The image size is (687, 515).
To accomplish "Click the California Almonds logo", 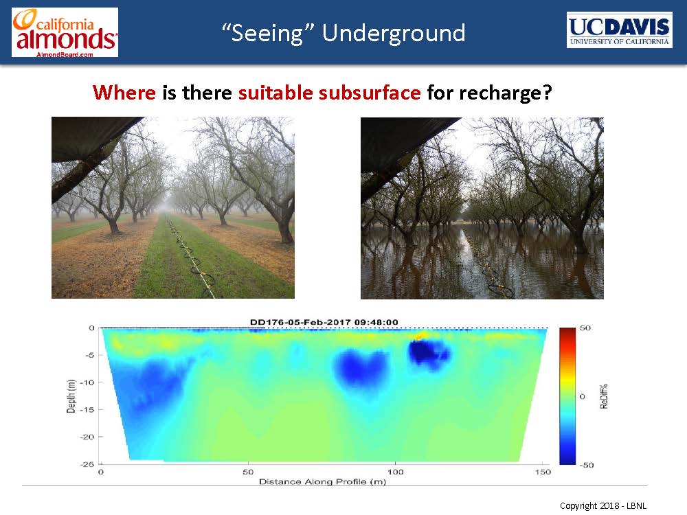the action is pos(65,32).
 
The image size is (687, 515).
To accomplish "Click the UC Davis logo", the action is pos(619,30).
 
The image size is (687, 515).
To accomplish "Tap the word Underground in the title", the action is pos(394,33).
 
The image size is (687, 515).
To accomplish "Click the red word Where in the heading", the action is pos(124,93).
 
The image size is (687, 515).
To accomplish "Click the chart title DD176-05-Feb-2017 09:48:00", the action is pos(324,322).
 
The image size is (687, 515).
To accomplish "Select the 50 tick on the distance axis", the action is pos(248,472).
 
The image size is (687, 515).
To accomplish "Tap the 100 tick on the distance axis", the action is pos(395,472).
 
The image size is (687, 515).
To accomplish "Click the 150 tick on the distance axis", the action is pos(543,472).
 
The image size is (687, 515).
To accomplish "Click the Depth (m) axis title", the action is pos(71,396).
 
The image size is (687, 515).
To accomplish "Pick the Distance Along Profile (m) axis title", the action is pos(322,482).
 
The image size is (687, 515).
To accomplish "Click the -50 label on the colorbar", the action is pos(586,465).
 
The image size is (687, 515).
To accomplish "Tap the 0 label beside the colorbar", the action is pos(583,396).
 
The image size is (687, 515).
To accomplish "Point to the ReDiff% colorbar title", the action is pos(604,396).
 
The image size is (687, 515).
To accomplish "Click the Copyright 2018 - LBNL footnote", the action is pos(603,506).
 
